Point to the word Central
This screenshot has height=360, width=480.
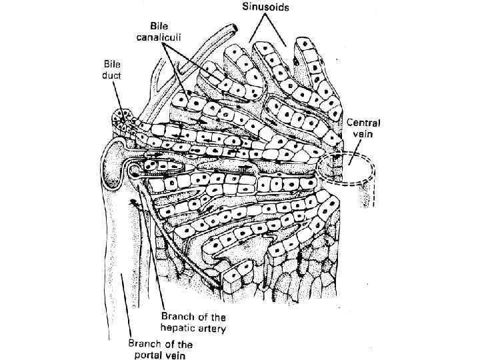(364, 123)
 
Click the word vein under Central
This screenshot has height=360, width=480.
(361, 134)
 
